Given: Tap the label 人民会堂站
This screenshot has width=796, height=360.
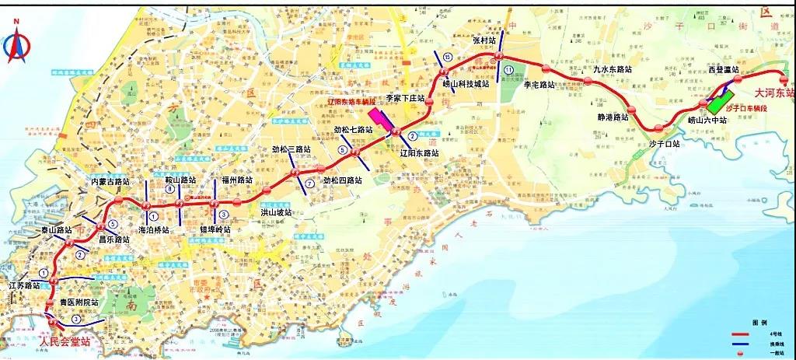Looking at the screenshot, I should [x=65, y=341].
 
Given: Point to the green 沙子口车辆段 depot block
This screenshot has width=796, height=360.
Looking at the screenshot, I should [x=720, y=102].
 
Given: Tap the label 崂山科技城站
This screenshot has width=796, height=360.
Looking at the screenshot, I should [x=466, y=83].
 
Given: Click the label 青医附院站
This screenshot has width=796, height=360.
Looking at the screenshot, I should [x=79, y=302].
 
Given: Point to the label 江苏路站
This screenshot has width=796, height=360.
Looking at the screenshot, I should [x=24, y=286].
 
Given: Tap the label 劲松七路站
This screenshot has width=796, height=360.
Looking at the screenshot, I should [x=354, y=130].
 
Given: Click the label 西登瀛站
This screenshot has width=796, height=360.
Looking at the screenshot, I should [x=728, y=70].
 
